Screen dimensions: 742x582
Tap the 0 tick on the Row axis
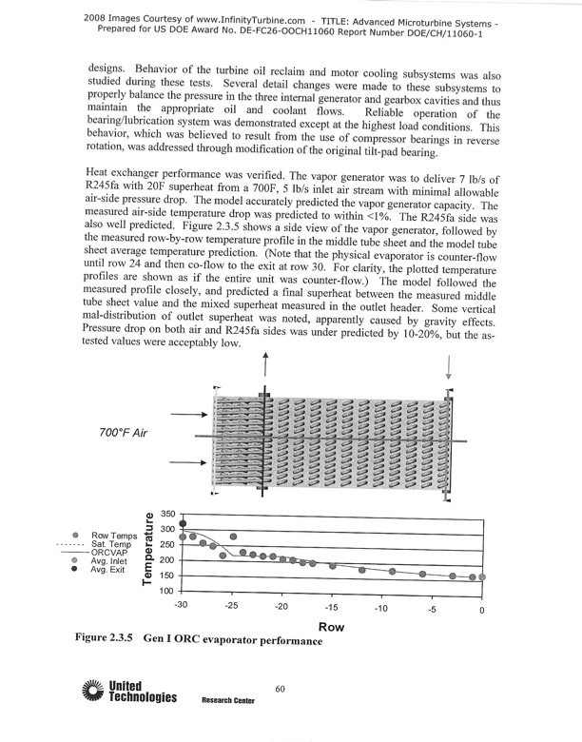point(482,609)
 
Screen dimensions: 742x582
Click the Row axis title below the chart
point(331,627)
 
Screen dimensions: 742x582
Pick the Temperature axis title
point(149,551)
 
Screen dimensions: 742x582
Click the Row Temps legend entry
point(110,536)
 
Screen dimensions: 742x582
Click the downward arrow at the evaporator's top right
point(447,367)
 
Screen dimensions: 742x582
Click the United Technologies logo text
point(143,692)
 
